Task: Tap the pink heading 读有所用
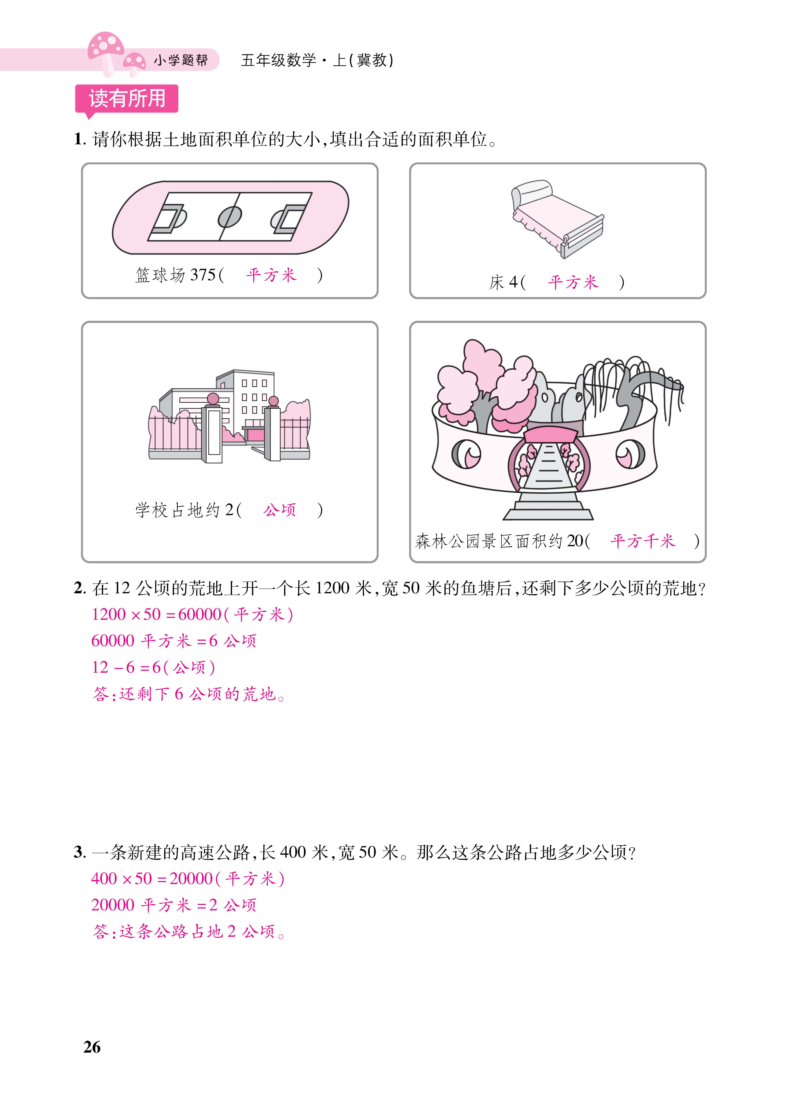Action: (127, 99)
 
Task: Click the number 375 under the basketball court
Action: (203, 275)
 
